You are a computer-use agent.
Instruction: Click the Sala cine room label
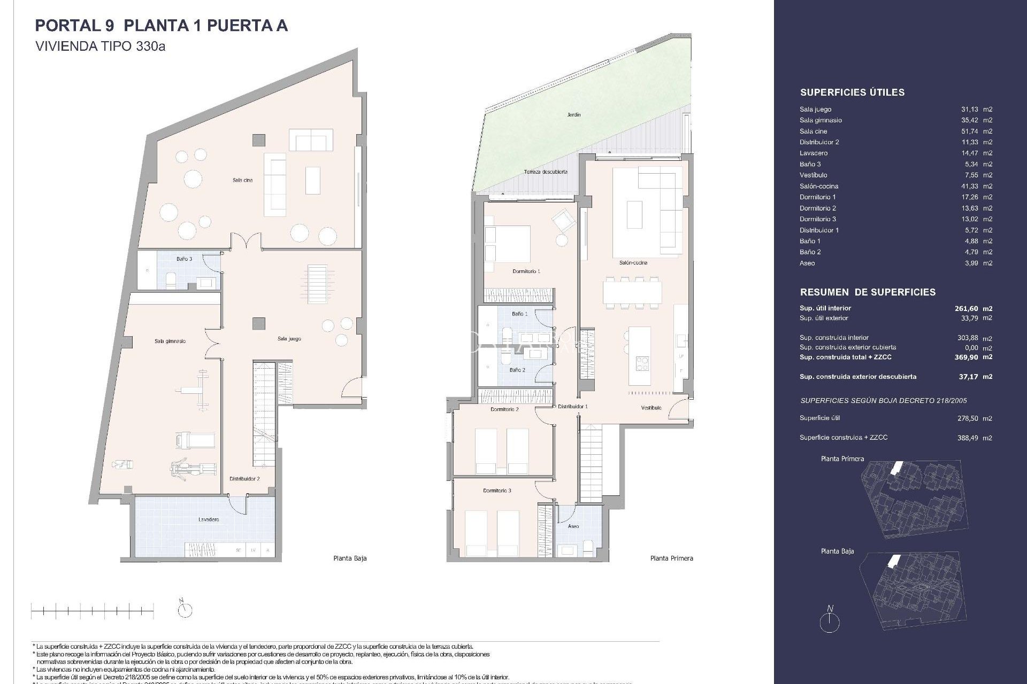tap(242, 180)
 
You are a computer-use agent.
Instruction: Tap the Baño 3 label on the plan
tap(184, 259)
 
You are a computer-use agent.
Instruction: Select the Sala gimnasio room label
tap(170, 341)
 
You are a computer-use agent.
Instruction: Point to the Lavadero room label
tap(208, 519)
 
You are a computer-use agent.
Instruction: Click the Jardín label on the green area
tap(574, 114)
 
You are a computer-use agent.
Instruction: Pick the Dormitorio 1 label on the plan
tap(526, 271)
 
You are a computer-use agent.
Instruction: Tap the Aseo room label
tap(573, 526)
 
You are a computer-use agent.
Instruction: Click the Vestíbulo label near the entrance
tap(651, 408)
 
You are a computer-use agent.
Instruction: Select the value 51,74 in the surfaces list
tap(969, 131)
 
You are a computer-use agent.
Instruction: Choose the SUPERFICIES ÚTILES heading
tap(852, 92)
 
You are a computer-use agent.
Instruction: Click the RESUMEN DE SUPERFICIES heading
tap(868, 292)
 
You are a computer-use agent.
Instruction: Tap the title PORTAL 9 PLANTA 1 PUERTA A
tap(161, 26)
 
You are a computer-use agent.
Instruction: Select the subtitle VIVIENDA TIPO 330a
tap(100, 46)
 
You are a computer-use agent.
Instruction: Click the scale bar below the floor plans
tap(93, 608)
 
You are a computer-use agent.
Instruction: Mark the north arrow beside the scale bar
tap(185, 608)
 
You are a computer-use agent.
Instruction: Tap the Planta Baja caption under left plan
tap(350, 558)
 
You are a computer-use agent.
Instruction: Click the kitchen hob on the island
tap(642, 363)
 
